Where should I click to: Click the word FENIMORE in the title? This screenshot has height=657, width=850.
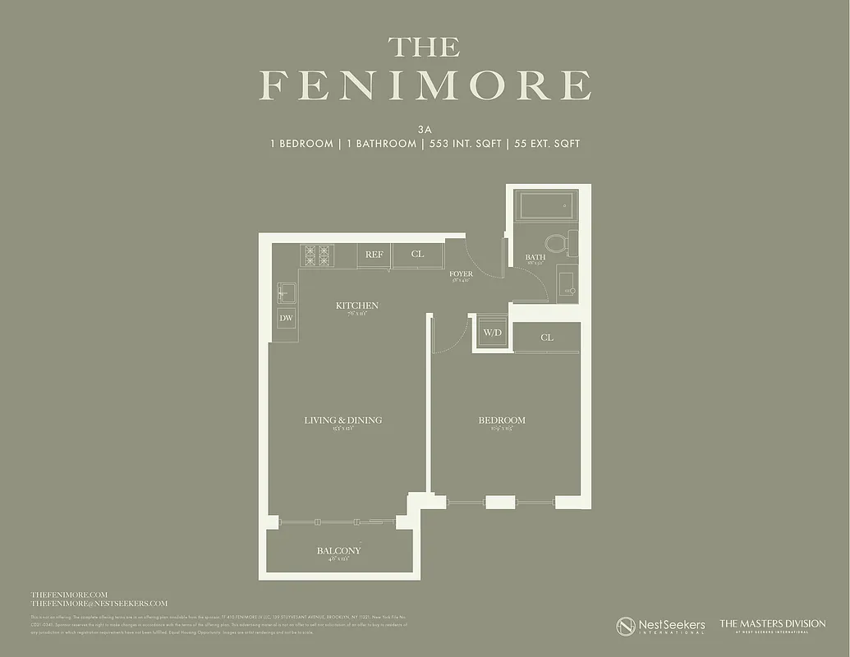[x=425, y=86]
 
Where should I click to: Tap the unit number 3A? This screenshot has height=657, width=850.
[x=425, y=128]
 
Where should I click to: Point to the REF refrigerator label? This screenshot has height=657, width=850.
[x=374, y=255]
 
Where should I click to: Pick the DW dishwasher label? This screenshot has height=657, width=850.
[x=286, y=318]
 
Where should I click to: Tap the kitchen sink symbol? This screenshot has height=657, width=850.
[x=286, y=292]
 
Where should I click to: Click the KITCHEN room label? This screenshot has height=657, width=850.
[x=357, y=306]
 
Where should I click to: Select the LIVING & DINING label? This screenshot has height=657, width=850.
[x=343, y=420]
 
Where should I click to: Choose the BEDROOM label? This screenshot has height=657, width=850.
[x=502, y=420]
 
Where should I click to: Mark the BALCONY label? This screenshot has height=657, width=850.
[x=338, y=550]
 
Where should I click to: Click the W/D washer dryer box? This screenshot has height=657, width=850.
[x=492, y=333]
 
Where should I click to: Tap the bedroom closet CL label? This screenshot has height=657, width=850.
[x=547, y=338]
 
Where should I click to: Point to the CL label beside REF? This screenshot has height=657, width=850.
[x=417, y=255]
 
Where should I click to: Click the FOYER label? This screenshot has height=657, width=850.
[x=461, y=273]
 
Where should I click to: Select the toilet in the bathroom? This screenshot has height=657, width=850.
[x=557, y=242]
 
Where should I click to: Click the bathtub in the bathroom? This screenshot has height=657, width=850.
[x=549, y=204]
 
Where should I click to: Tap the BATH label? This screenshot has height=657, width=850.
[x=535, y=257]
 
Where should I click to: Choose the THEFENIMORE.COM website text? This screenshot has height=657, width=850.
[x=69, y=594]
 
